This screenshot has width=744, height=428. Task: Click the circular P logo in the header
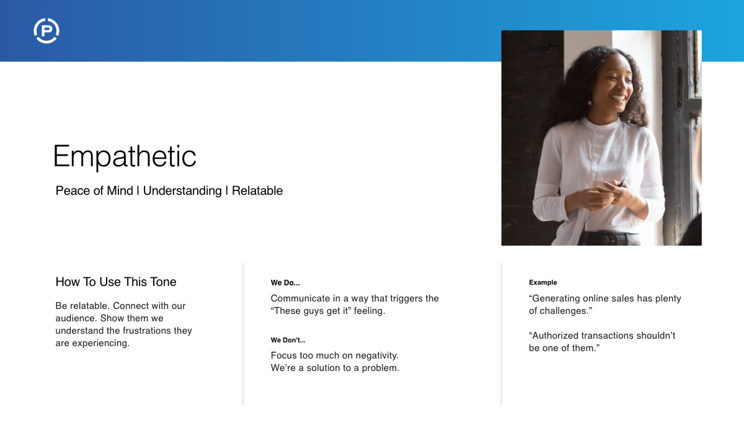[46, 31]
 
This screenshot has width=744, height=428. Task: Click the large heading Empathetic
[125, 156]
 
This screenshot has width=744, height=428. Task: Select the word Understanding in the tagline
[182, 191]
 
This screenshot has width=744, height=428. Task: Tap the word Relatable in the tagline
[257, 191]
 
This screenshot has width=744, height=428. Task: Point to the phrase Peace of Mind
[94, 191]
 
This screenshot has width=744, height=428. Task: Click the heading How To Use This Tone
[116, 282]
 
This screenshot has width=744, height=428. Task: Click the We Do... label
[285, 283]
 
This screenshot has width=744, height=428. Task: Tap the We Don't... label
[288, 340]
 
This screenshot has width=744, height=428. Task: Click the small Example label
[543, 283]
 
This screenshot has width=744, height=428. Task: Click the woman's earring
[590, 102]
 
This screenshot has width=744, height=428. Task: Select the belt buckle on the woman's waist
[606, 238]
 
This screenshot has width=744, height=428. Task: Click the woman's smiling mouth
[618, 98]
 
